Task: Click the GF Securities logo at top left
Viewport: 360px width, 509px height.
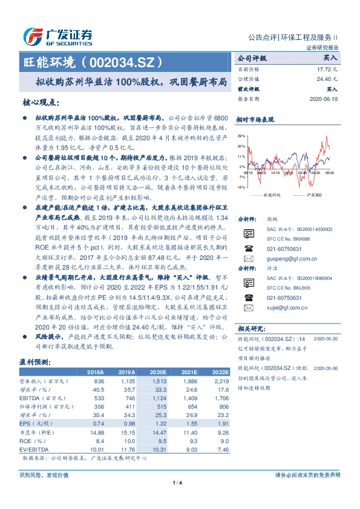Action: pos(57,36)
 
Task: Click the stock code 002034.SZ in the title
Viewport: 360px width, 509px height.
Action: pos(124,62)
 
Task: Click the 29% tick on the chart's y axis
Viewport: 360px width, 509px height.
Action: pos(241,135)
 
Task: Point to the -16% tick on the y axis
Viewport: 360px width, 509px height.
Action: pos(241,187)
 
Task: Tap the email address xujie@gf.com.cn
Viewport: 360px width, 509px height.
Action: pos(281,306)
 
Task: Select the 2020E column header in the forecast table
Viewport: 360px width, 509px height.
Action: pos(158,374)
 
